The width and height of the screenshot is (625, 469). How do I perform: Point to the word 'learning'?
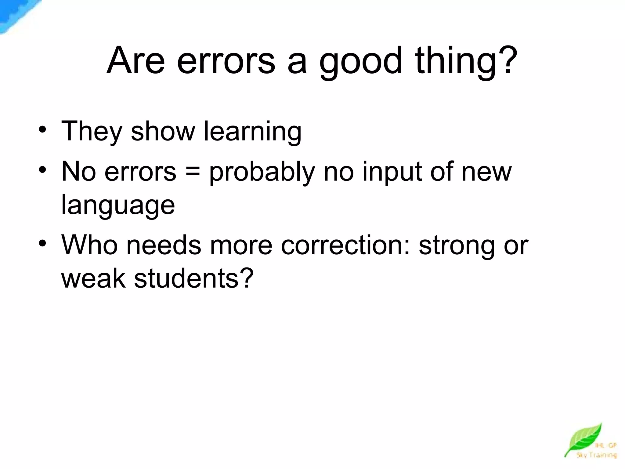point(253,132)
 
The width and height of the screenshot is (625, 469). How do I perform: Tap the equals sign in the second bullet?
point(193,172)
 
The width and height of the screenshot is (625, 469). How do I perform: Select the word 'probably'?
point(262,172)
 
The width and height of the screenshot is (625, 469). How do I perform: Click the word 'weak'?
point(93,278)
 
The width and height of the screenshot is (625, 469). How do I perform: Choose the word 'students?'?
point(194,278)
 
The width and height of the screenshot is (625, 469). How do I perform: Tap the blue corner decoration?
point(15,14)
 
